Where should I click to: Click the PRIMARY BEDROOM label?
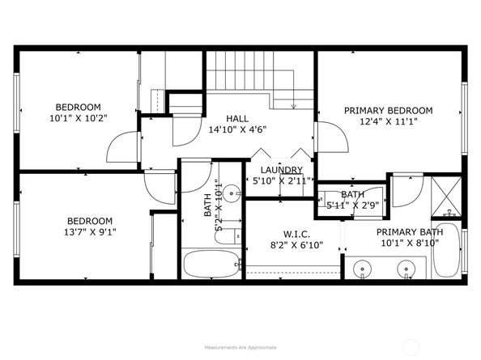click(388, 111)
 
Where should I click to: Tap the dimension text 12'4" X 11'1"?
click(388, 122)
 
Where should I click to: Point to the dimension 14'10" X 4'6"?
click(237, 129)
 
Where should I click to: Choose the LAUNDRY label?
click(281, 170)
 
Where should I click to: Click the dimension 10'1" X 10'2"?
click(78, 118)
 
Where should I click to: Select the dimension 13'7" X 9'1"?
click(89, 232)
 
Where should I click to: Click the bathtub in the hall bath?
click(210, 264)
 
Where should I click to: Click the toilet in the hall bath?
click(232, 235)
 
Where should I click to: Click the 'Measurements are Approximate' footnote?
click(240, 346)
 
